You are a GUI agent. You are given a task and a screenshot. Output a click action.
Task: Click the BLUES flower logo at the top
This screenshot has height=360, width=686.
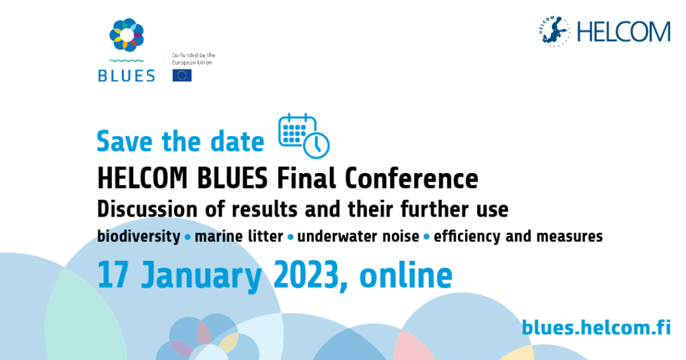(x=127, y=35)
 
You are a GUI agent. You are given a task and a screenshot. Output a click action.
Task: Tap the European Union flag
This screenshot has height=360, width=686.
(x=182, y=75)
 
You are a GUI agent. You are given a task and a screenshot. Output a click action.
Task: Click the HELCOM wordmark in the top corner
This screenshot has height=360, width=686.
(x=624, y=32)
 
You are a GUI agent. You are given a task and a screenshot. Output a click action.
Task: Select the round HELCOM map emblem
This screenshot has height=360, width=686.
(x=554, y=31)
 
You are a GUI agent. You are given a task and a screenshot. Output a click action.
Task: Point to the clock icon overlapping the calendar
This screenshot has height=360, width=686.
(x=316, y=145)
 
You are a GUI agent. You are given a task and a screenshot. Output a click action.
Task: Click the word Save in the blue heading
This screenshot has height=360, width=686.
(x=125, y=141)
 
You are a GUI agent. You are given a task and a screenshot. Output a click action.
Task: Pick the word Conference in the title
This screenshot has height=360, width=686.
(x=411, y=178)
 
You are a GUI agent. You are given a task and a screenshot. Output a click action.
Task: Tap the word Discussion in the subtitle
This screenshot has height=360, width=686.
(x=147, y=209)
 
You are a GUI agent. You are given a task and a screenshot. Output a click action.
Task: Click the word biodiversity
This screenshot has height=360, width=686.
(x=139, y=237)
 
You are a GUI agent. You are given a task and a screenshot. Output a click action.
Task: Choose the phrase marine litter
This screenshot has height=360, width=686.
(x=239, y=237)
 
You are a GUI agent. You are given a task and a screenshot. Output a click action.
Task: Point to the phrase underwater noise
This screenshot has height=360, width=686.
(x=358, y=237)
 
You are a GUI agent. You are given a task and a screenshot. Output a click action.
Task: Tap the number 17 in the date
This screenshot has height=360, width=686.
(x=113, y=275)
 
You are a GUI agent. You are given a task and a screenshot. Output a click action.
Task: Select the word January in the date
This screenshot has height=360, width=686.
(x=201, y=277)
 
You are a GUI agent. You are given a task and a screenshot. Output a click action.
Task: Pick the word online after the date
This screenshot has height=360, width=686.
(x=405, y=275)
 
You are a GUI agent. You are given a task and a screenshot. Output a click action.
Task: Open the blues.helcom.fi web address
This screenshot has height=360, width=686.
(x=596, y=327)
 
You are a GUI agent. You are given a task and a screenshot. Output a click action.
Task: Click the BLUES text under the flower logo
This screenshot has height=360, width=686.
(x=127, y=76)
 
